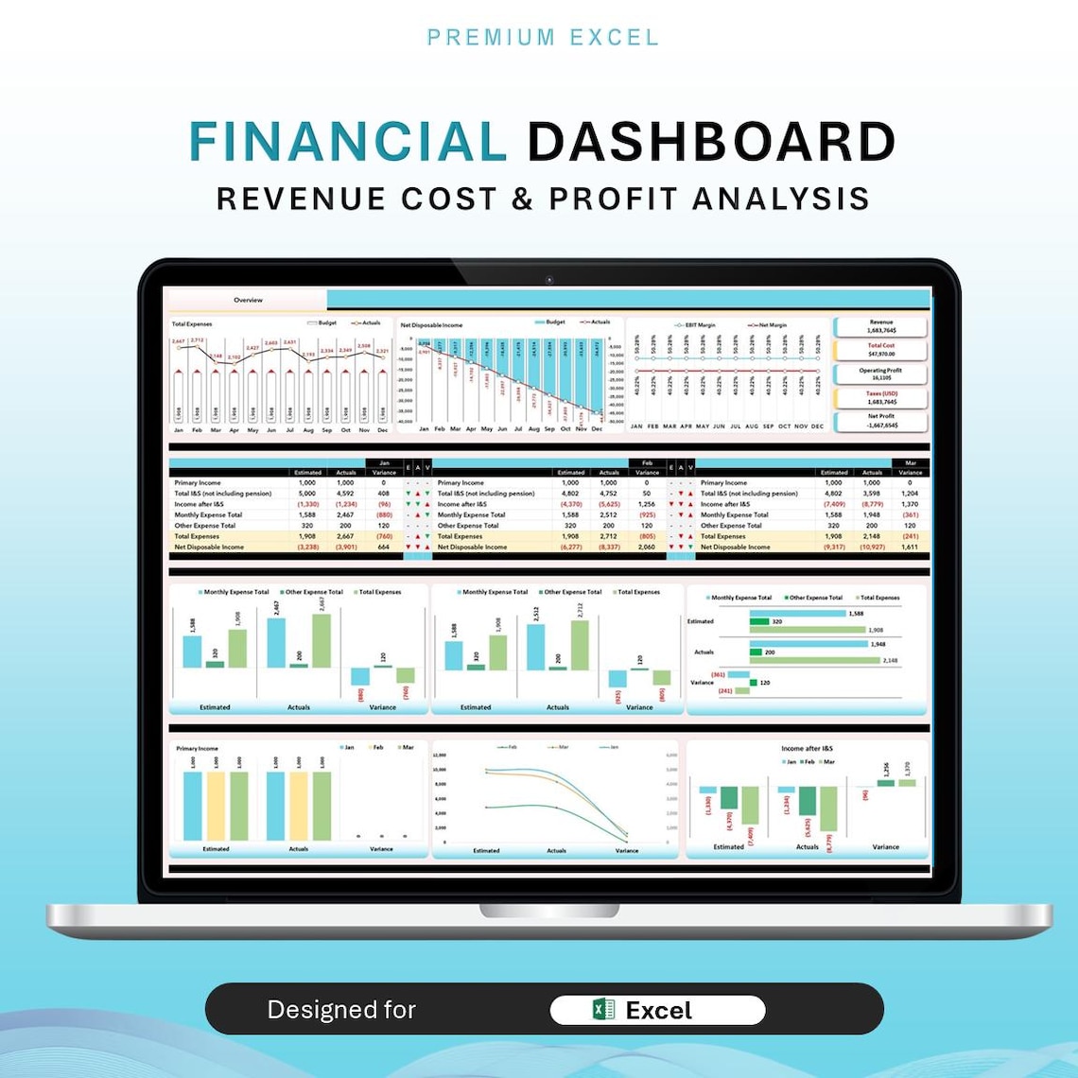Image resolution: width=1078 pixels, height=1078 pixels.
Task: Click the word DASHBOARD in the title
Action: pyautogui.click(x=710, y=142)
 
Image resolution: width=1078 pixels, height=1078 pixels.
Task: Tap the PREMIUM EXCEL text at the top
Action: pyautogui.click(x=543, y=38)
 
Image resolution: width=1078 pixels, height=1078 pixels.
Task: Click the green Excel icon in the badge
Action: pyautogui.click(x=602, y=1010)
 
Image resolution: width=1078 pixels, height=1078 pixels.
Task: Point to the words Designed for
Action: pyautogui.click(x=341, y=1010)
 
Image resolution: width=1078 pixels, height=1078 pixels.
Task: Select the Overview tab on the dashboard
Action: pyautogui.click(x=248, y=300)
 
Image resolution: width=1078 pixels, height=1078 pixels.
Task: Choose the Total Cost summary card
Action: pyautogui.click(x=880, y=350)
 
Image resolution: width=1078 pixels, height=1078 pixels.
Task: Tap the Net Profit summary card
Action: pyautogui.click(x=880, y=421)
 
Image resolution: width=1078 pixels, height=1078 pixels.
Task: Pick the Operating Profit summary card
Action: pyautogui.click(x=880, y=374)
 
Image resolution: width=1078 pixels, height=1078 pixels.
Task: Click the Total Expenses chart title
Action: pyautogui.click(x=192, y=324)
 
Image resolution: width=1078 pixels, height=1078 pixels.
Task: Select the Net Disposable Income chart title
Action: pyautogui.click(x=431, y=324)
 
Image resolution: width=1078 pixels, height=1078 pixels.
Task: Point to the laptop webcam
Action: pyautogui.click(x=548, y=279)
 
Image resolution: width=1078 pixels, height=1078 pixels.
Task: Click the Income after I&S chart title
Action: pyautogui.click(x=807, y=748)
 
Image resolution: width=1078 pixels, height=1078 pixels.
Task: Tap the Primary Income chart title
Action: pyautogui.click(x=197, y=748)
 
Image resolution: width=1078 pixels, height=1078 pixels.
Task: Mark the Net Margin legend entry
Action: pyautogui.click(x=768, y=325)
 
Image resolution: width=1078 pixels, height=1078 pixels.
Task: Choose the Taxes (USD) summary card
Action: pyautogui.click(x=880, y=397)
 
